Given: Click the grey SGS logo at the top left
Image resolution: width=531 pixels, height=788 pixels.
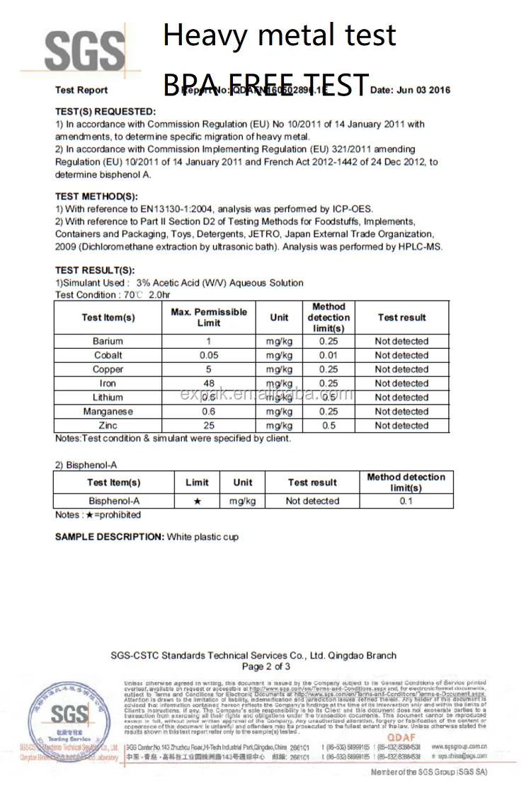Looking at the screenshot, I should [84, 49].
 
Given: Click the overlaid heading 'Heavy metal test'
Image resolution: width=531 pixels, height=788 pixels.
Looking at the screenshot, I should [279, 35].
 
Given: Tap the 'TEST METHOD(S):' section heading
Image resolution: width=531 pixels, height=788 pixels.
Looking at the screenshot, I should [96, 197].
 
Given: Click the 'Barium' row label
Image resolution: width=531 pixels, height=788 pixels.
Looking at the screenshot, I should [108, 341].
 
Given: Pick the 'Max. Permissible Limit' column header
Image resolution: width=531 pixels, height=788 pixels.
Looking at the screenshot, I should [209, 318].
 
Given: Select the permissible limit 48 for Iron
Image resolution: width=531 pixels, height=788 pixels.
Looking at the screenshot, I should [209, 383].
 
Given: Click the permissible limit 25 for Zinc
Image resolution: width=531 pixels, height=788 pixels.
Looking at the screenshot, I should [209, 425].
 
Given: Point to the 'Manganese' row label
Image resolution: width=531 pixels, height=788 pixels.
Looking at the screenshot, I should [108, 412].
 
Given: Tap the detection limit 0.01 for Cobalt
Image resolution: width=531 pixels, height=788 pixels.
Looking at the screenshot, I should [328, 355].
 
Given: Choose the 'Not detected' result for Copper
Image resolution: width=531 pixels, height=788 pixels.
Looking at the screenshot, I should [401, 369].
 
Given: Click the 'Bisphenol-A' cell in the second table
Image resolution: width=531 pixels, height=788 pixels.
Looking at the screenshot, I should [114, 501].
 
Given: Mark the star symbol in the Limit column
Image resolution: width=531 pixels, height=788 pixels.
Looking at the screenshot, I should [197, 501].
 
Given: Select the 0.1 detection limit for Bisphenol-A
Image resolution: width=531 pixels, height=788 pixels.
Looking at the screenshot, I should [406, 501].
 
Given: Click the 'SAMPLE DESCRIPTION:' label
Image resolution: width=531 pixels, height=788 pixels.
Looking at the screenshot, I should [110, 537].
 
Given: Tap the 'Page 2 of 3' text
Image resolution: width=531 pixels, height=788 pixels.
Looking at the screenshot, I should [266, 666].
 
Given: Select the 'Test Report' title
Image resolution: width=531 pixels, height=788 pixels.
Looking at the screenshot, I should [81, 90].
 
